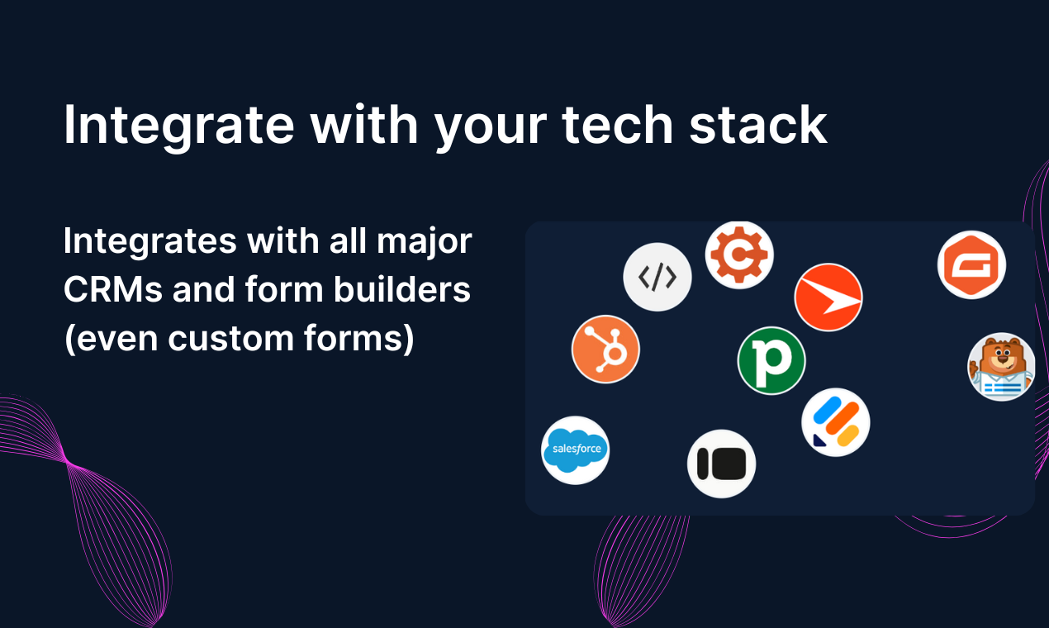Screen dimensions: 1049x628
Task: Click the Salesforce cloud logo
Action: [x=575, y=450]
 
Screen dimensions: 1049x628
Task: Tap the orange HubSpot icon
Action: [x=605, y=350]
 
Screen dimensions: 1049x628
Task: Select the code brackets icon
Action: [x=657, y=277]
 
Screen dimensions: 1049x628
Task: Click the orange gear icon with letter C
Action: [x=739, y=255]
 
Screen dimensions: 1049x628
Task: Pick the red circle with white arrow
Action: [x=828, y=297]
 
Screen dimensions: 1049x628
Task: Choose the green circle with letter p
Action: [x=771, y=360]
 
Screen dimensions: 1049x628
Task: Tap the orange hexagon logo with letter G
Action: [x=971, y=264]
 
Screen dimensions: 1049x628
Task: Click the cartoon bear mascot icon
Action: [x=1001, y=367]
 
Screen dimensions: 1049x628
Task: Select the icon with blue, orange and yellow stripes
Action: [x=835, y=422]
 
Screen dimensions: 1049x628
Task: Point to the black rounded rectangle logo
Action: [x=721, y=464]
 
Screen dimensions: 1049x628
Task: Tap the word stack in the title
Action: [x=758, y=124]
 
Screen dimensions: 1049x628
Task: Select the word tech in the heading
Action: [x=618, y=124]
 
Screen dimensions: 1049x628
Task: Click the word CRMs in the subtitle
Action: [x=113, y=289]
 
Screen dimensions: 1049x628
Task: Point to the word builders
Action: [x=401, y=288]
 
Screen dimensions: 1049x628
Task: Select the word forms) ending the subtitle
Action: [x=358, y=337]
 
